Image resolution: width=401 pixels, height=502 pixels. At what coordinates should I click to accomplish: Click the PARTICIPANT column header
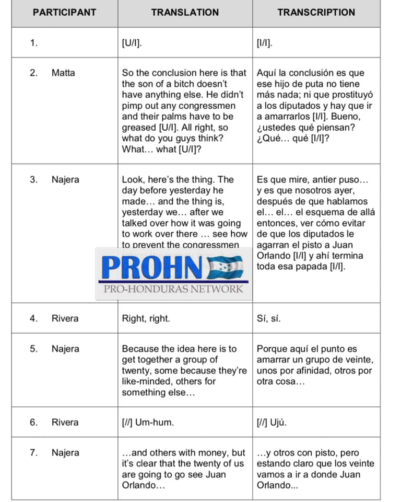[x=64, y=13]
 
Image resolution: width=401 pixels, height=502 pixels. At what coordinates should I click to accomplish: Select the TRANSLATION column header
[x=185, y=13]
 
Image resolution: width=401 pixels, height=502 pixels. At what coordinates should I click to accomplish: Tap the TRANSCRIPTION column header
[x=316, y=13]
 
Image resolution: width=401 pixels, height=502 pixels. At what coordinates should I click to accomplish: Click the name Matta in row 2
[x=63, y=73]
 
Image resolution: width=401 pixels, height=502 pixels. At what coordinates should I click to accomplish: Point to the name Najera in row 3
[x=65, y=180]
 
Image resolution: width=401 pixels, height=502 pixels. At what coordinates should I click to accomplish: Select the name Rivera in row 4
[x=65, y=318]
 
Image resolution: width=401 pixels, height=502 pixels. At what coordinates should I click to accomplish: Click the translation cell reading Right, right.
[x=146, y=318]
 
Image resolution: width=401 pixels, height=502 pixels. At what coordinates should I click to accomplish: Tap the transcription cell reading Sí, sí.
[x=268, y=318]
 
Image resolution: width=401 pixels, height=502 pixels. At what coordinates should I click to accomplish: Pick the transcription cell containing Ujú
[x=272, y=423]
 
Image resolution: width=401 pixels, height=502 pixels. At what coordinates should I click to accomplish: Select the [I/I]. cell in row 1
[x=264, y=43]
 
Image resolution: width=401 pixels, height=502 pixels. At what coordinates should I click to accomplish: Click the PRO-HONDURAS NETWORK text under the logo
[x=173, y=289]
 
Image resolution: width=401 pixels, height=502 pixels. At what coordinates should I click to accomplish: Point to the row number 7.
[x=33, y=453]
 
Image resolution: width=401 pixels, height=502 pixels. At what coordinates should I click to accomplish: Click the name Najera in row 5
[x=65, y=349]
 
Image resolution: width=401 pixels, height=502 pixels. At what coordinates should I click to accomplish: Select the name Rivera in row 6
[x=65, y=423]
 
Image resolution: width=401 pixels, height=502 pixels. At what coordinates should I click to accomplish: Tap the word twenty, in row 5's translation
[x=136, y=371]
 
